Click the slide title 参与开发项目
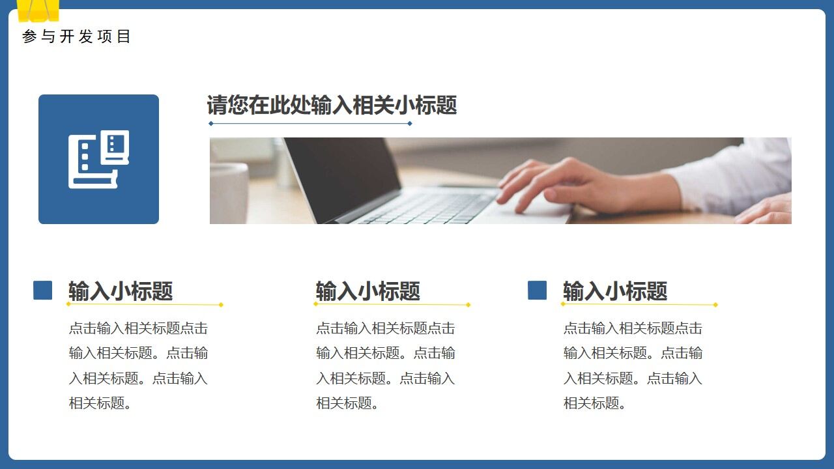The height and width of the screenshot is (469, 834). pos(76,36)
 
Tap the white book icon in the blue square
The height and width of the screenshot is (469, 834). pos(99,159)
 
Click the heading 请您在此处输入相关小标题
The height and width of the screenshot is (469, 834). pos(332,105)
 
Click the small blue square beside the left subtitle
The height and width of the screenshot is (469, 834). pos(43,290)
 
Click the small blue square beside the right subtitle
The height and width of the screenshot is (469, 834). pos(537,290)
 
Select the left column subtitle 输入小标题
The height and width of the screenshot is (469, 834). pos(121,291)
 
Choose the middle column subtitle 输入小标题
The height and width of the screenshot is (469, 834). pos(368,291)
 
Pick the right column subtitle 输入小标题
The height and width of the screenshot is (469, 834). pos(615,291)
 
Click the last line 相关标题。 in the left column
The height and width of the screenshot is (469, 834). pos(101,403)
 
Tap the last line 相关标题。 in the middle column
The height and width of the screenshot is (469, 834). pos(348,403)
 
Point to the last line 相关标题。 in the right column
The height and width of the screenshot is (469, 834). pos(596,403)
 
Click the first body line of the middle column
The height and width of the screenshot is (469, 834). pos(385,328)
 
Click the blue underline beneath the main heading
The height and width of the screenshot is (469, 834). pos(310,123)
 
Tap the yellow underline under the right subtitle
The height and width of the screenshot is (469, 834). pos(639,304)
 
